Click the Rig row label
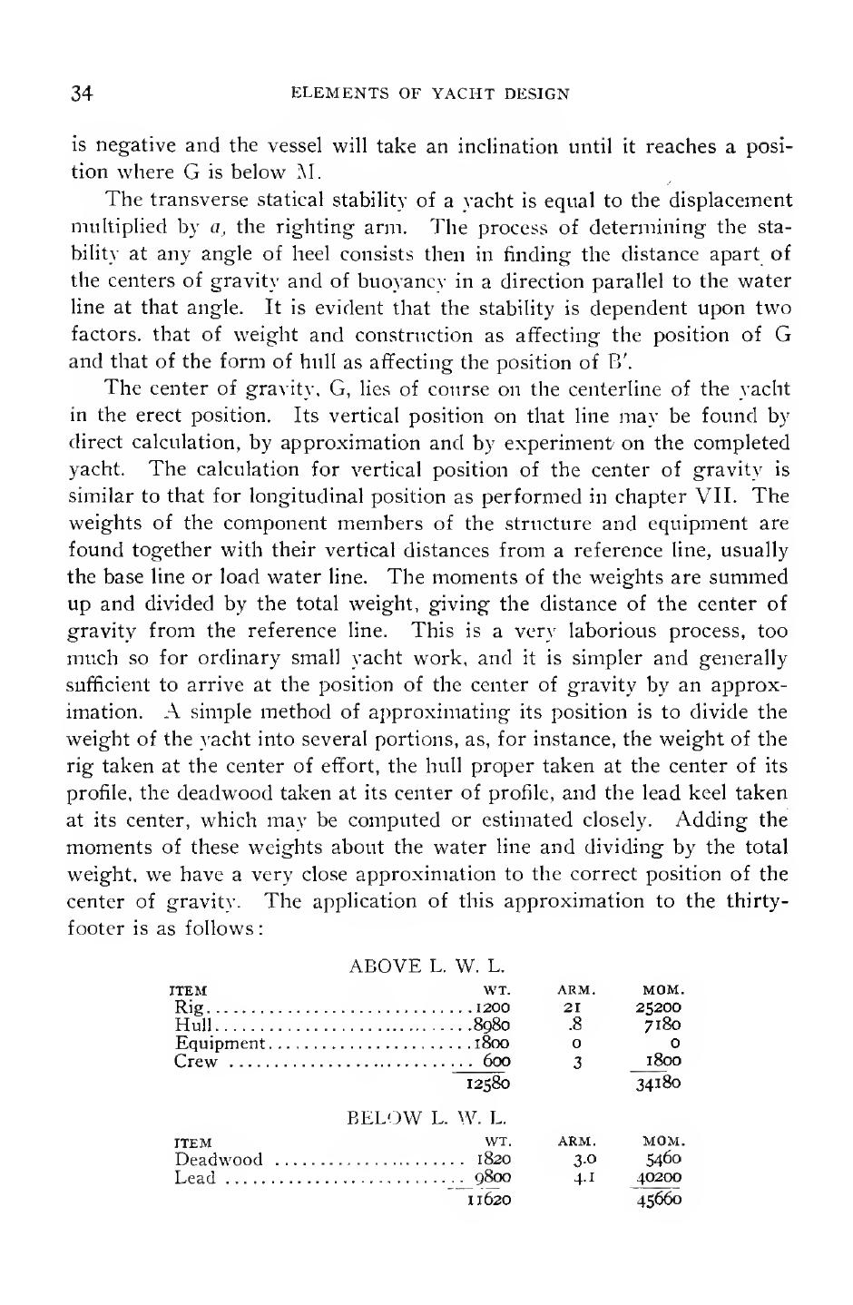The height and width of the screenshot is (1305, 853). click(x=188, y=1007)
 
